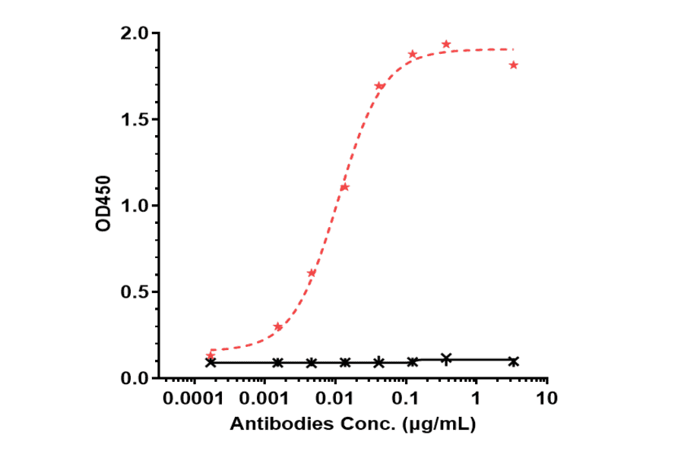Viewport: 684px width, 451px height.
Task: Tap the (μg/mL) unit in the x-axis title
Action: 440,424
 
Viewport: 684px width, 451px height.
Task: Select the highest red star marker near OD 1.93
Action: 446,45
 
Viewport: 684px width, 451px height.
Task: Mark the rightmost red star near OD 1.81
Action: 514,65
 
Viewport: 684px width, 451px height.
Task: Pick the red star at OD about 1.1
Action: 344,187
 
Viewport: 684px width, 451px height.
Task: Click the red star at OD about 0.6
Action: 311,273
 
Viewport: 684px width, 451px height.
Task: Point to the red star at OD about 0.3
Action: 278,327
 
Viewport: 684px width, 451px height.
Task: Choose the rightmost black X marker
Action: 514,361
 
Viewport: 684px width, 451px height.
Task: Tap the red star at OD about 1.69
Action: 378,86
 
